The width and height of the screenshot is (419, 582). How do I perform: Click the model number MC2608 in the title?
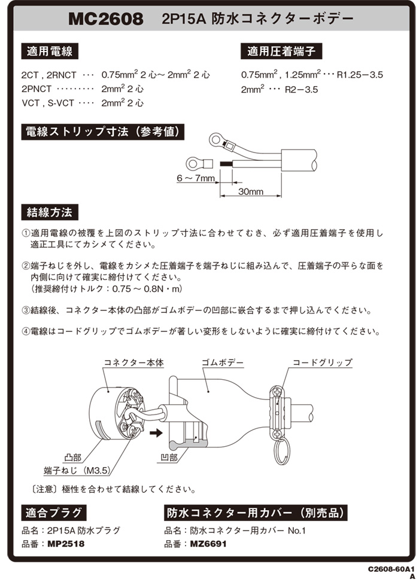pos(105,19)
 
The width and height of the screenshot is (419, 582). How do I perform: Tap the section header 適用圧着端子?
pos(281,51)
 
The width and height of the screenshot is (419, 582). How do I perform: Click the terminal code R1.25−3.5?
pos(360,75)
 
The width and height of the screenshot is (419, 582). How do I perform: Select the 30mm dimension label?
pos(251,191)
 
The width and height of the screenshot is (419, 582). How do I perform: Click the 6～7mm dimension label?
pos(195,179)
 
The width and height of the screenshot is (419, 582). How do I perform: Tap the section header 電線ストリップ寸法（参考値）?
pos(102,132)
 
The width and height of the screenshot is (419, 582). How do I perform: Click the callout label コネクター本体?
pos(133,362)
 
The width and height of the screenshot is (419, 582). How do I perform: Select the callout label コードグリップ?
pos(322,362)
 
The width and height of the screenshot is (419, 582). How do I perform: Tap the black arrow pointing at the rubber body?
pos(157,432)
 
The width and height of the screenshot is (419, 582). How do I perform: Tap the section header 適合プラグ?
pos(54,513)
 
